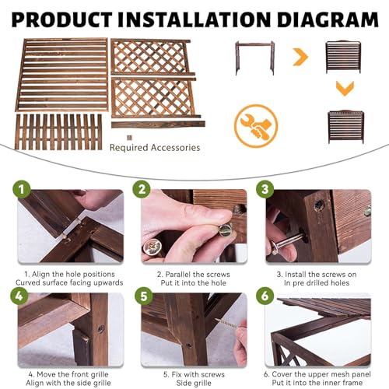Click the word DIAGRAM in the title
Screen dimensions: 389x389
[x=328, y=19]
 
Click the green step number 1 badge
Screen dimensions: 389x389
[x=22, y=189]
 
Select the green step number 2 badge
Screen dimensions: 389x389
[x=142, y=189]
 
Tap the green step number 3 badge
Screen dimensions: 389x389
[x=265, y=189]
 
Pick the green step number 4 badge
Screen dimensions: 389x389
[x=19, y=296]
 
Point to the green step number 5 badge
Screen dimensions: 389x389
[x=144, y=296]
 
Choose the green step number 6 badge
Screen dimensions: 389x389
[x=265, y=296]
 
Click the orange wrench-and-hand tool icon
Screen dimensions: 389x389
[x=256, y=126]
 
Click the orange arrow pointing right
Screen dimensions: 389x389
[x=301, y=57]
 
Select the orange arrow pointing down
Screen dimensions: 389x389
[x=345, y=89]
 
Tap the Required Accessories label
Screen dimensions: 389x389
[x=155, y=148]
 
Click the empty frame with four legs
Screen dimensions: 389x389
[x=255, y=58]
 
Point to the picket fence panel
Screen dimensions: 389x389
[x=58, y=132]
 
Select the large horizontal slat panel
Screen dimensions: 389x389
[x=62, y=75]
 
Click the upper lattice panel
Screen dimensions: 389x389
[x=152, y=57]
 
